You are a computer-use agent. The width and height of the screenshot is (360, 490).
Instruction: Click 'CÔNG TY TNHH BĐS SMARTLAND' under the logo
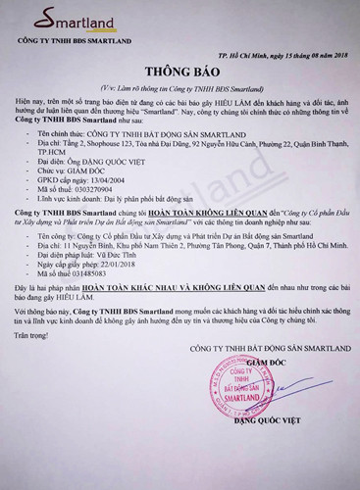73,44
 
